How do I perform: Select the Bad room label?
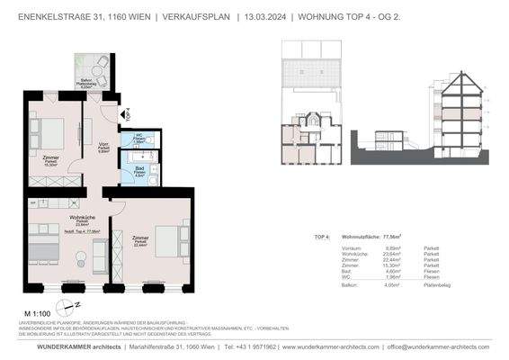point(139,169)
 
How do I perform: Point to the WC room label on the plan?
point(139,138)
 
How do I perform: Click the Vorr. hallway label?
point(103,148)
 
